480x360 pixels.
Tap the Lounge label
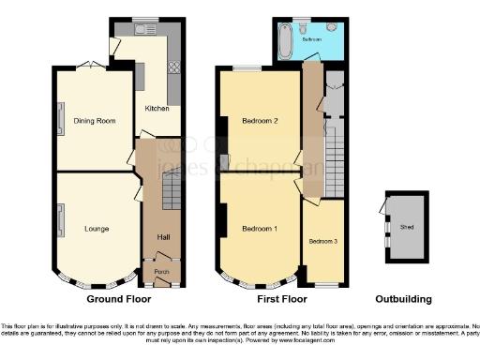click(96, 229)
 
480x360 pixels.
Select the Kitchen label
click(157, 109)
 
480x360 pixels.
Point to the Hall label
click(163, 235)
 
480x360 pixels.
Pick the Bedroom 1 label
click(259, 229)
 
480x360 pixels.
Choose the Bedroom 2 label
click(259, 121)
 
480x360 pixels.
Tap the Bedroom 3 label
click(322, 240)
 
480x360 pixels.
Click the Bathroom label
click(312, 40)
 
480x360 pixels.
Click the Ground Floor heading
click(119, 300)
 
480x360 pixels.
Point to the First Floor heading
click(282, 300)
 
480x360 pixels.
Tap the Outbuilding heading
click(403, 300)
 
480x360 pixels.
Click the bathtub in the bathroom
click(286, 39)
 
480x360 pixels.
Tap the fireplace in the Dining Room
click(61, 119)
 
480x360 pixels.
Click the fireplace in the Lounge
click(61, 222)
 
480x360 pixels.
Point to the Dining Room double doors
click(89, 65)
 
